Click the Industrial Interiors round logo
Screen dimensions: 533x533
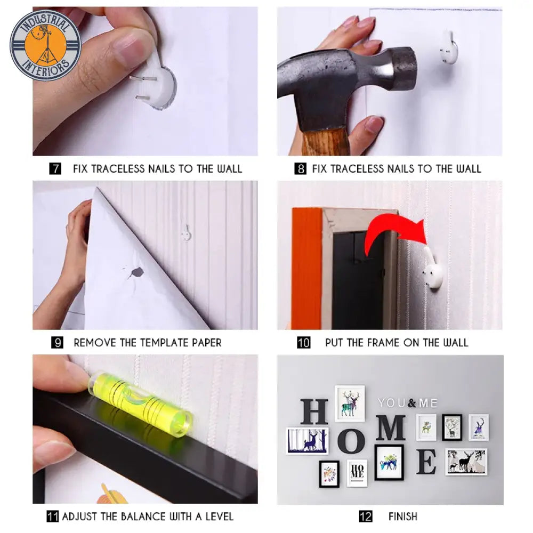(x=45, y=45)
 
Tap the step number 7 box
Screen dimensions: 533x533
(x=55, y=168)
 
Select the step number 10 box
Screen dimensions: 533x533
(x=304, y=342)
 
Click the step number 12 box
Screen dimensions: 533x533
(x=366, y=516)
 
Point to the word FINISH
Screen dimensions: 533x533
(x=403, y=516)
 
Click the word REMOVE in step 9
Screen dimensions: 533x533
(x=95, y=343)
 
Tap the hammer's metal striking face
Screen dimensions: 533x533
(x=408, y=70)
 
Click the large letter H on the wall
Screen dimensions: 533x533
(x=314, y=411)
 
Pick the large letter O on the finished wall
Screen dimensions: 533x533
(x=351, y=441)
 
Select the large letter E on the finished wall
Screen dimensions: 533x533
(x=426, y=462)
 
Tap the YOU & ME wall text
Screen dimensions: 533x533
(x=408, y=403)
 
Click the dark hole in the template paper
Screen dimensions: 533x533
(x=136, y=272)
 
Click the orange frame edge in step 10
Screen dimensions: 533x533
(x=306, y=269)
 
